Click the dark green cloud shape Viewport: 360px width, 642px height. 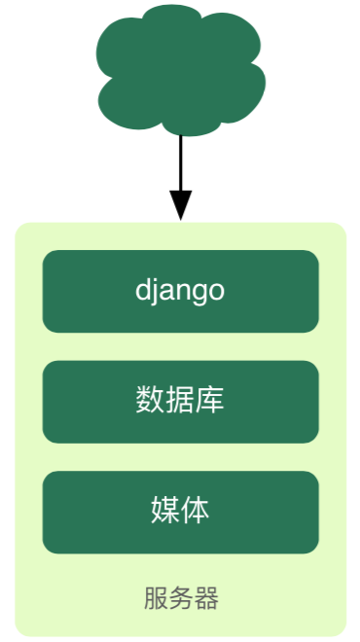point(180,70)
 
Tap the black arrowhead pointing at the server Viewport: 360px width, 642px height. point(181,205)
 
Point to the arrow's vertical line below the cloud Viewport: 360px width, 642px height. point(181,163)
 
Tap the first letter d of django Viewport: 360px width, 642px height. point(142,290)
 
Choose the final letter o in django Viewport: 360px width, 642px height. point(217,293)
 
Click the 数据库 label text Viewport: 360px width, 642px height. point(180,400)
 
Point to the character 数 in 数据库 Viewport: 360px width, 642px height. point(150,400)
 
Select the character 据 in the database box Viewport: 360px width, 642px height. point(180,400)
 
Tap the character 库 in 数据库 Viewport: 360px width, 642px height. point(210,400)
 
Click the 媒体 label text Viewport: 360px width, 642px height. point(180,510)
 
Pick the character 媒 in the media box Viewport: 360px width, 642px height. point(165,510)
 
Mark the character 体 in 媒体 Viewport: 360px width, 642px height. point(195,510)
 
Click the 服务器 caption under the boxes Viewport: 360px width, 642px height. point(181,598)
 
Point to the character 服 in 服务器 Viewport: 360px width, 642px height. point(156,598)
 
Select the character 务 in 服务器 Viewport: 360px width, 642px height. point(181,598)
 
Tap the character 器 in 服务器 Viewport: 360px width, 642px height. point(207,598)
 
